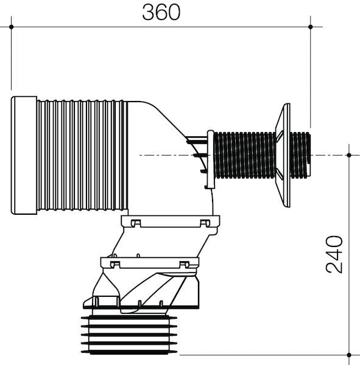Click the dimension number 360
[161, 12]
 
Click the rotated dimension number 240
[334, 254]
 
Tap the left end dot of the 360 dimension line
[11, 27]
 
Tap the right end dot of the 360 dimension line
[311, 27]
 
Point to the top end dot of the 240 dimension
[348, 155]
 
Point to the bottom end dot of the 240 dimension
[348, 355]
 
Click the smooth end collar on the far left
[24, 155]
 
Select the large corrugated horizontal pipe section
[82, 155]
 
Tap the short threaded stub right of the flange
[300, 155]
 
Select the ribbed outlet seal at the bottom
[129, 335]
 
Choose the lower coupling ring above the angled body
[149, 263]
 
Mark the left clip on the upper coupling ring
[136, 223]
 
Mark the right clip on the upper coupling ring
[205, 223]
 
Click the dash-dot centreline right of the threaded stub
[329, 156]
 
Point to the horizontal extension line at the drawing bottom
[262, 355]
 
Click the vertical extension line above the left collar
[11, 61]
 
